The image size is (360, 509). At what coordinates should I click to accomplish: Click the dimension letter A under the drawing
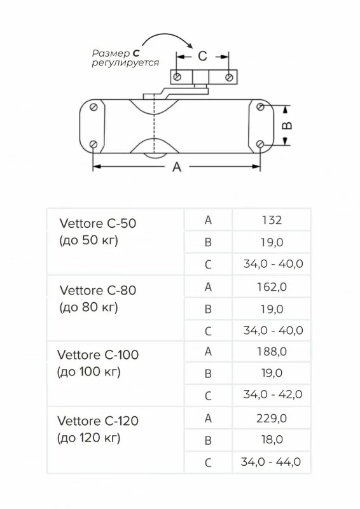[177, 167]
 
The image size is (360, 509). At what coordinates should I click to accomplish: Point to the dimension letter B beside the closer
[287, 125]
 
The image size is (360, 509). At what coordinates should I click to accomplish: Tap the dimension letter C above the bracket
[202, 56]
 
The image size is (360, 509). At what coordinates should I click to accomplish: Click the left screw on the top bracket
[177, 77]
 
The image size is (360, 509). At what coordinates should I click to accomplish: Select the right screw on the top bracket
[229, 77]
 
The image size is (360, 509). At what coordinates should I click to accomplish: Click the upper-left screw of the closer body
[93, 107]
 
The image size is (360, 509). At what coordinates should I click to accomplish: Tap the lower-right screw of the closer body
[260, 144]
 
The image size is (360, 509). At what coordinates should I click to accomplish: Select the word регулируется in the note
[125, 62]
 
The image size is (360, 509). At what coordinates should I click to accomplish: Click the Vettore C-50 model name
[98, 223]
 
